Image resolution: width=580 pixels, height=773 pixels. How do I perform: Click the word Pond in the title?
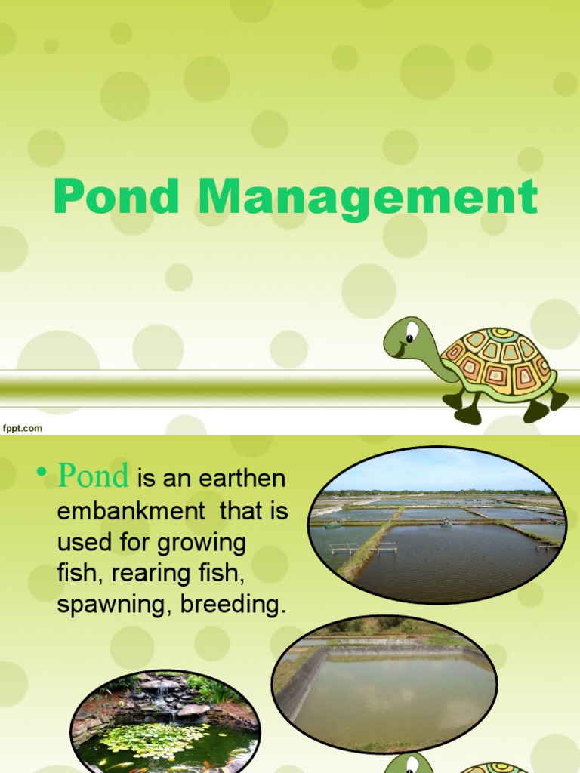(116, 198)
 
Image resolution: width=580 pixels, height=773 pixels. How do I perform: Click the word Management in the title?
(368, 198)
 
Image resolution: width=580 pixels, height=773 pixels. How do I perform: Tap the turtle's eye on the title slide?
(412, 331)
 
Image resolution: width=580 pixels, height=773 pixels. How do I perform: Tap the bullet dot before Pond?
(42, 472)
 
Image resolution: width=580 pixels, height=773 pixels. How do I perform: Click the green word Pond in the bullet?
(94, 476)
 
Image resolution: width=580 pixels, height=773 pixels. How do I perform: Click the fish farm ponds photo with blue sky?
(437, 525)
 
